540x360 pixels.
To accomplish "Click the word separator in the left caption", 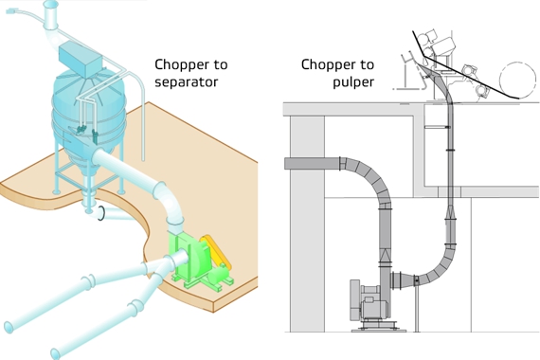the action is [x=187, y=82].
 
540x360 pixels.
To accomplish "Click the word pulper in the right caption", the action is [x=353, y=83].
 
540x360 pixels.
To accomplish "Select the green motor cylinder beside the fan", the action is [x=218, y=274].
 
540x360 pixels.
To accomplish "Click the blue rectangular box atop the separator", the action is [x=81, y=61].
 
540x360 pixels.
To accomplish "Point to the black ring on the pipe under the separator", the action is [x=101, y=213].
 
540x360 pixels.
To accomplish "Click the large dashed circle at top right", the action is [x=517, y=80].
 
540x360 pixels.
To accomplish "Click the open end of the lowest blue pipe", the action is [x=55, y=353].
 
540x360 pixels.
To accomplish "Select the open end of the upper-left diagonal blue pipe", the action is [x=9, y=327].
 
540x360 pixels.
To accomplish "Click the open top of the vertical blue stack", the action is [x=51, y=4].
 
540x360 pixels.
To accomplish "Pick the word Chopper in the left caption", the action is [x=177, y=64].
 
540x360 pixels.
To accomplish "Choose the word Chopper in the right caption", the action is [x=324, y=64].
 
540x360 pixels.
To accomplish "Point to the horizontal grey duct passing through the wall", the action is [x=313, y=163].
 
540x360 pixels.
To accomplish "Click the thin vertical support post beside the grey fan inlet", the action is [x=417, y=304].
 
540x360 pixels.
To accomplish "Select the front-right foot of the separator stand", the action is [x=121, y=192].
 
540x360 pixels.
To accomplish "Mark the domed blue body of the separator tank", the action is [x=89, y=110].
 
